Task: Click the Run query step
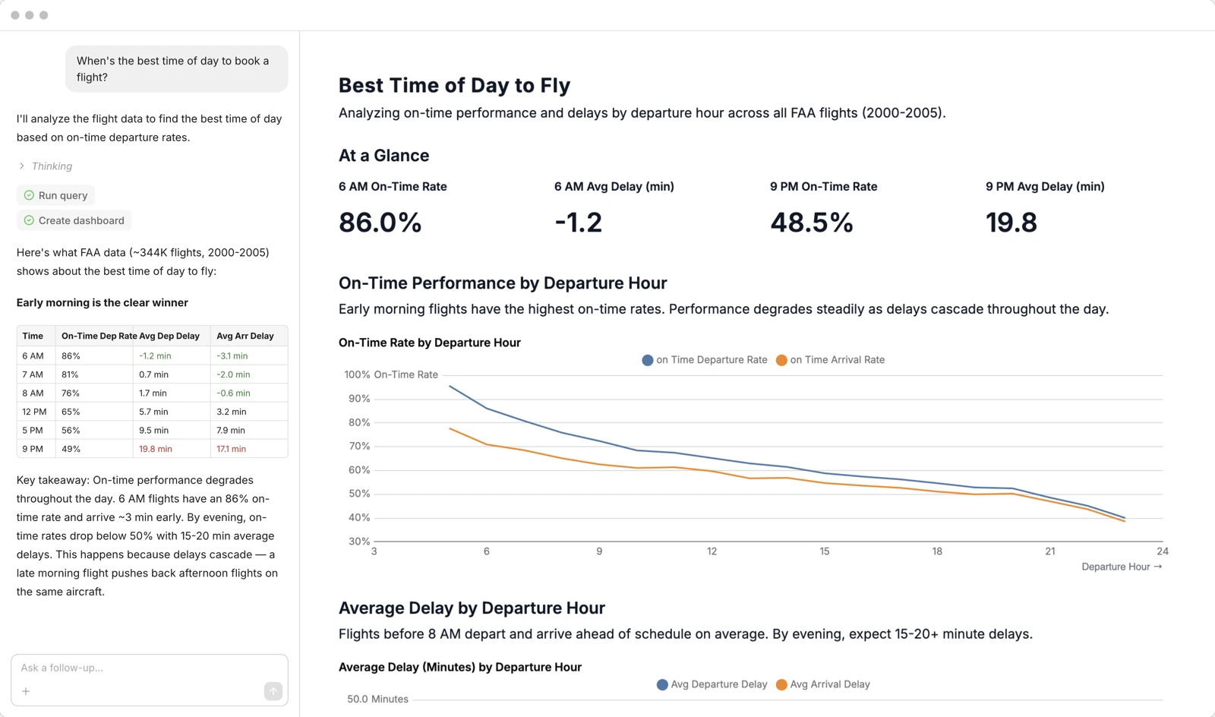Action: pyautogui.click(x=55, y=195)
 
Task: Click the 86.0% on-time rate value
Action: pyautogui.click(x=380, y=223)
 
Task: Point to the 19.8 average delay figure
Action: pyautogui.click(x=1011, y=223)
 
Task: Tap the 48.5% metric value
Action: pyautogui.click(x=811, y=223)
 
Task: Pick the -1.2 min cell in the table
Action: pyautogui.click(x=155, y=355)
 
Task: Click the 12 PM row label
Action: pyautogui.click(x=34, y=412)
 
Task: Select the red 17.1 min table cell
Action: pyautogui.click(x=231, y=449)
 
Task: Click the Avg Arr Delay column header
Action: pyautogui.click(x=245, y=336)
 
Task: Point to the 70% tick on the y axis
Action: pyautogui.click(x=359, y=446)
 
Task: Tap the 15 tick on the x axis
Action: pyautogui.click(x=824, y=551)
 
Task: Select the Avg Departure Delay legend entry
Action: pyautogui.click(x=712, y=684)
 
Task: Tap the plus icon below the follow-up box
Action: pyautogui.click(x=26, y=691)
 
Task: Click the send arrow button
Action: pyautogui.click(x=273, y=691)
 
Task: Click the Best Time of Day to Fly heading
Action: pyautogui.click(x=454, y=85)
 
